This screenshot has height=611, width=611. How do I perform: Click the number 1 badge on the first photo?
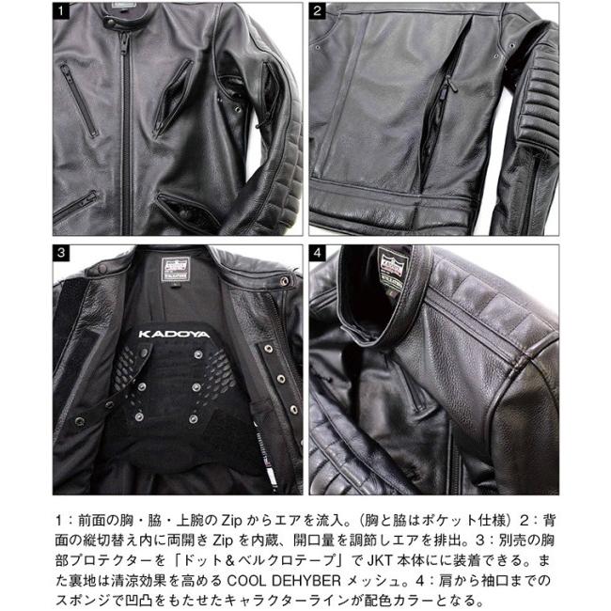[x=63, y=13]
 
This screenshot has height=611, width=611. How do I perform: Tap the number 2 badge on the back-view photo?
[x=320, y=13]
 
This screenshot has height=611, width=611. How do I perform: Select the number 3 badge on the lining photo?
[x=63, y=253]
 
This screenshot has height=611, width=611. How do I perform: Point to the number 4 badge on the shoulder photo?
[x=320, y=253]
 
